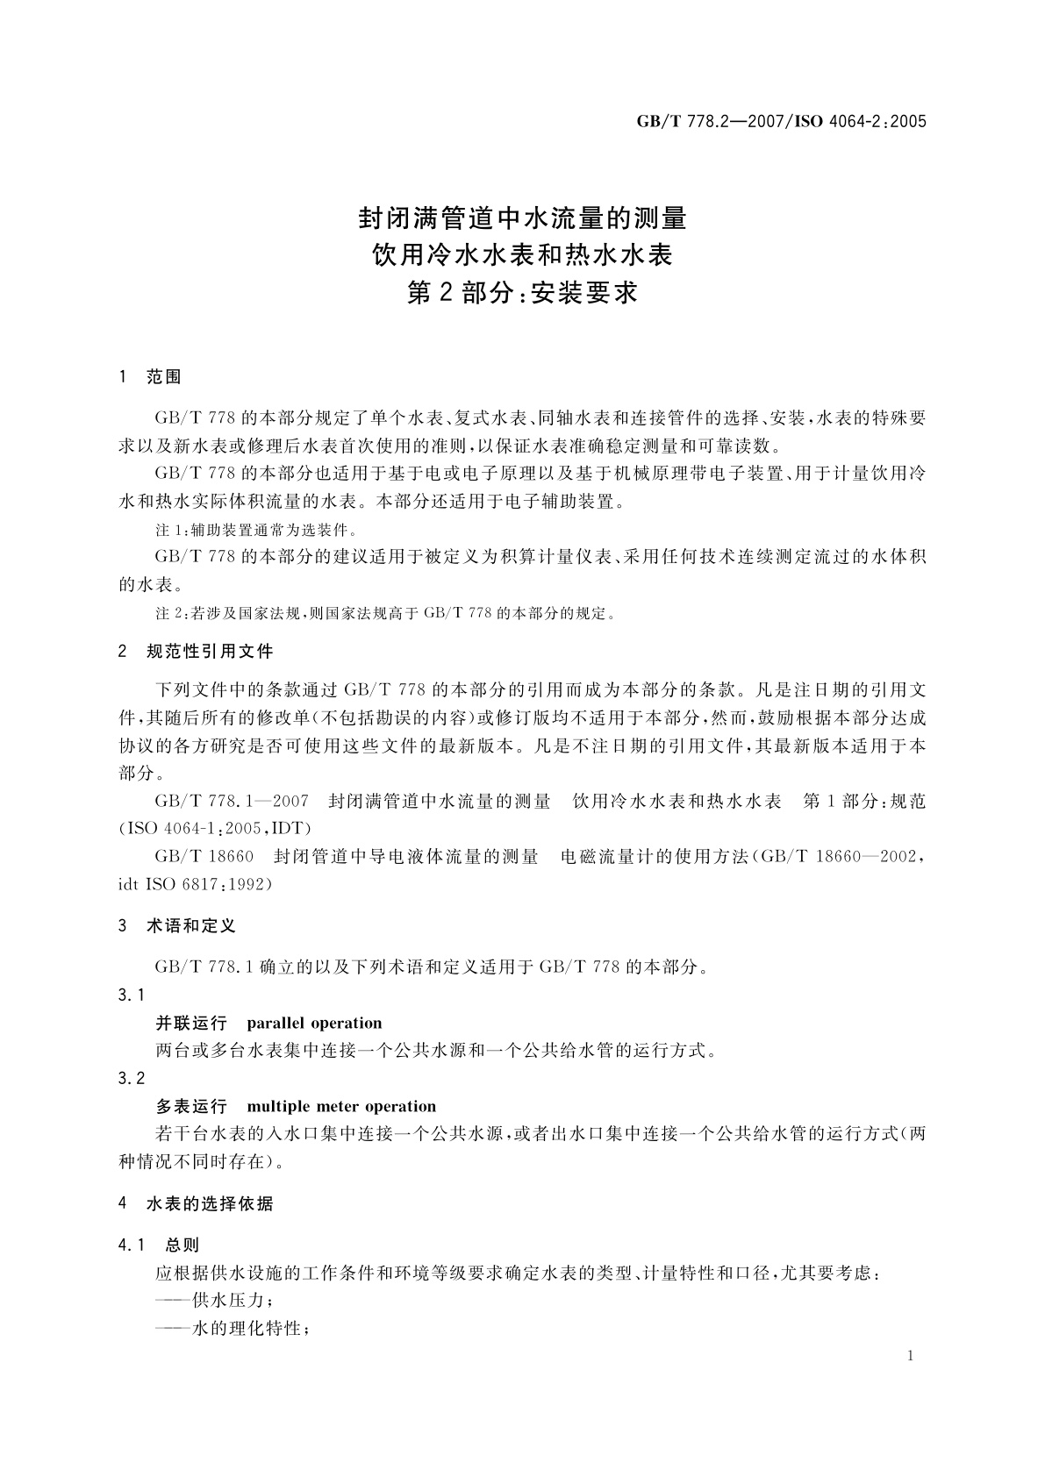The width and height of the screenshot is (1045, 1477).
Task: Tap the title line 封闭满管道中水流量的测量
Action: coord(522,217)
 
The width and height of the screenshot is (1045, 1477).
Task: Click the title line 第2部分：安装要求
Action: coord(522,292)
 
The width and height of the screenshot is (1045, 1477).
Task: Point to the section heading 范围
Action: coord(163,377)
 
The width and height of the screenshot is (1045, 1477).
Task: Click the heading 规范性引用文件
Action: coord(210,651)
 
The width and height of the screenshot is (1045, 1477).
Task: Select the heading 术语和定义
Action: coord(190,925)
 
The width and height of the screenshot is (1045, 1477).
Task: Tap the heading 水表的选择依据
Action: coord(210,1203)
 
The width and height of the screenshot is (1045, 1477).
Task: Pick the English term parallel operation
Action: coord(314,1023)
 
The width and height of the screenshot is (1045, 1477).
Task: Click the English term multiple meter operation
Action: coord(341,1106)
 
